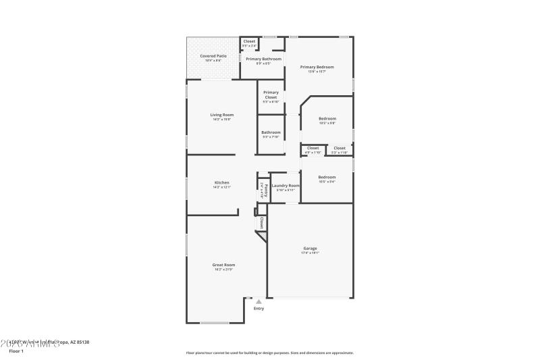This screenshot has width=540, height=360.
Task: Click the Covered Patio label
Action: pos(213,55)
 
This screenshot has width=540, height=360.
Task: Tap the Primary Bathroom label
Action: pos(263,59)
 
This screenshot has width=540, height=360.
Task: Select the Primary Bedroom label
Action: pos(317,67)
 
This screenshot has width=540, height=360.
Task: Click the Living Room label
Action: pos(221,115)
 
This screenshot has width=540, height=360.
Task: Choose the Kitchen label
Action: pos(221,182)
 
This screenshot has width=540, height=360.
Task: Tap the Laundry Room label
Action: pos(286,185)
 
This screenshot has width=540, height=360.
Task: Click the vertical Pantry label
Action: pos(266,189)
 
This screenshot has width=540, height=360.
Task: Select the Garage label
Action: pos(310,248)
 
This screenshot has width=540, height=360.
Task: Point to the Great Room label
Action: pos(223,265)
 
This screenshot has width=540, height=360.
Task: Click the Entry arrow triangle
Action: pos(259,302)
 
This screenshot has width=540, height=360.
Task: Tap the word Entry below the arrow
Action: pos(259,309)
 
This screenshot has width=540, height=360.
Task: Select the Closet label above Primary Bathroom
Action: pos(249,41)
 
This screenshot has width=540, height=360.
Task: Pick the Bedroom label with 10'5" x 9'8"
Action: pos(327,118)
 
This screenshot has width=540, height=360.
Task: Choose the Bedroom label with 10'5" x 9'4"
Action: pos(327,177)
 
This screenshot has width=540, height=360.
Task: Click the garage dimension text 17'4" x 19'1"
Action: pos(310,253)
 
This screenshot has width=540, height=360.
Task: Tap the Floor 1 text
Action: pos(16,351)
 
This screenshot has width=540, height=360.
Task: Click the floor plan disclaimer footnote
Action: pos(269,353)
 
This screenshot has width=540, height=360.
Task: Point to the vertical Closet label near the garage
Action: pos(261,222)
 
